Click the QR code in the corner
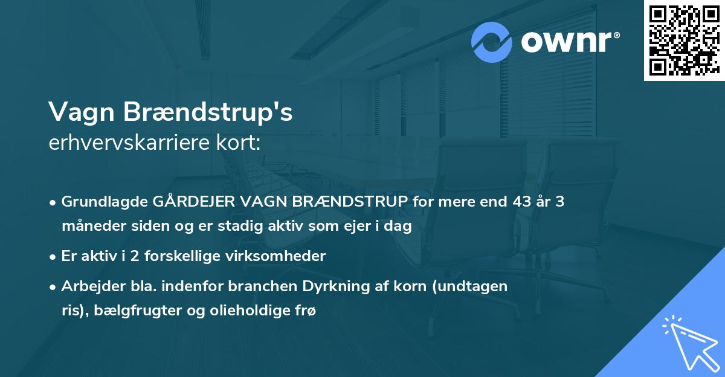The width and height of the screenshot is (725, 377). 684,40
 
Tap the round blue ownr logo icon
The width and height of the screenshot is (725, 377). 492,42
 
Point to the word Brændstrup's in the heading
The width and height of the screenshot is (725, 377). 208,112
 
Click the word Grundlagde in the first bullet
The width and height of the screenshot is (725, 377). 100,202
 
